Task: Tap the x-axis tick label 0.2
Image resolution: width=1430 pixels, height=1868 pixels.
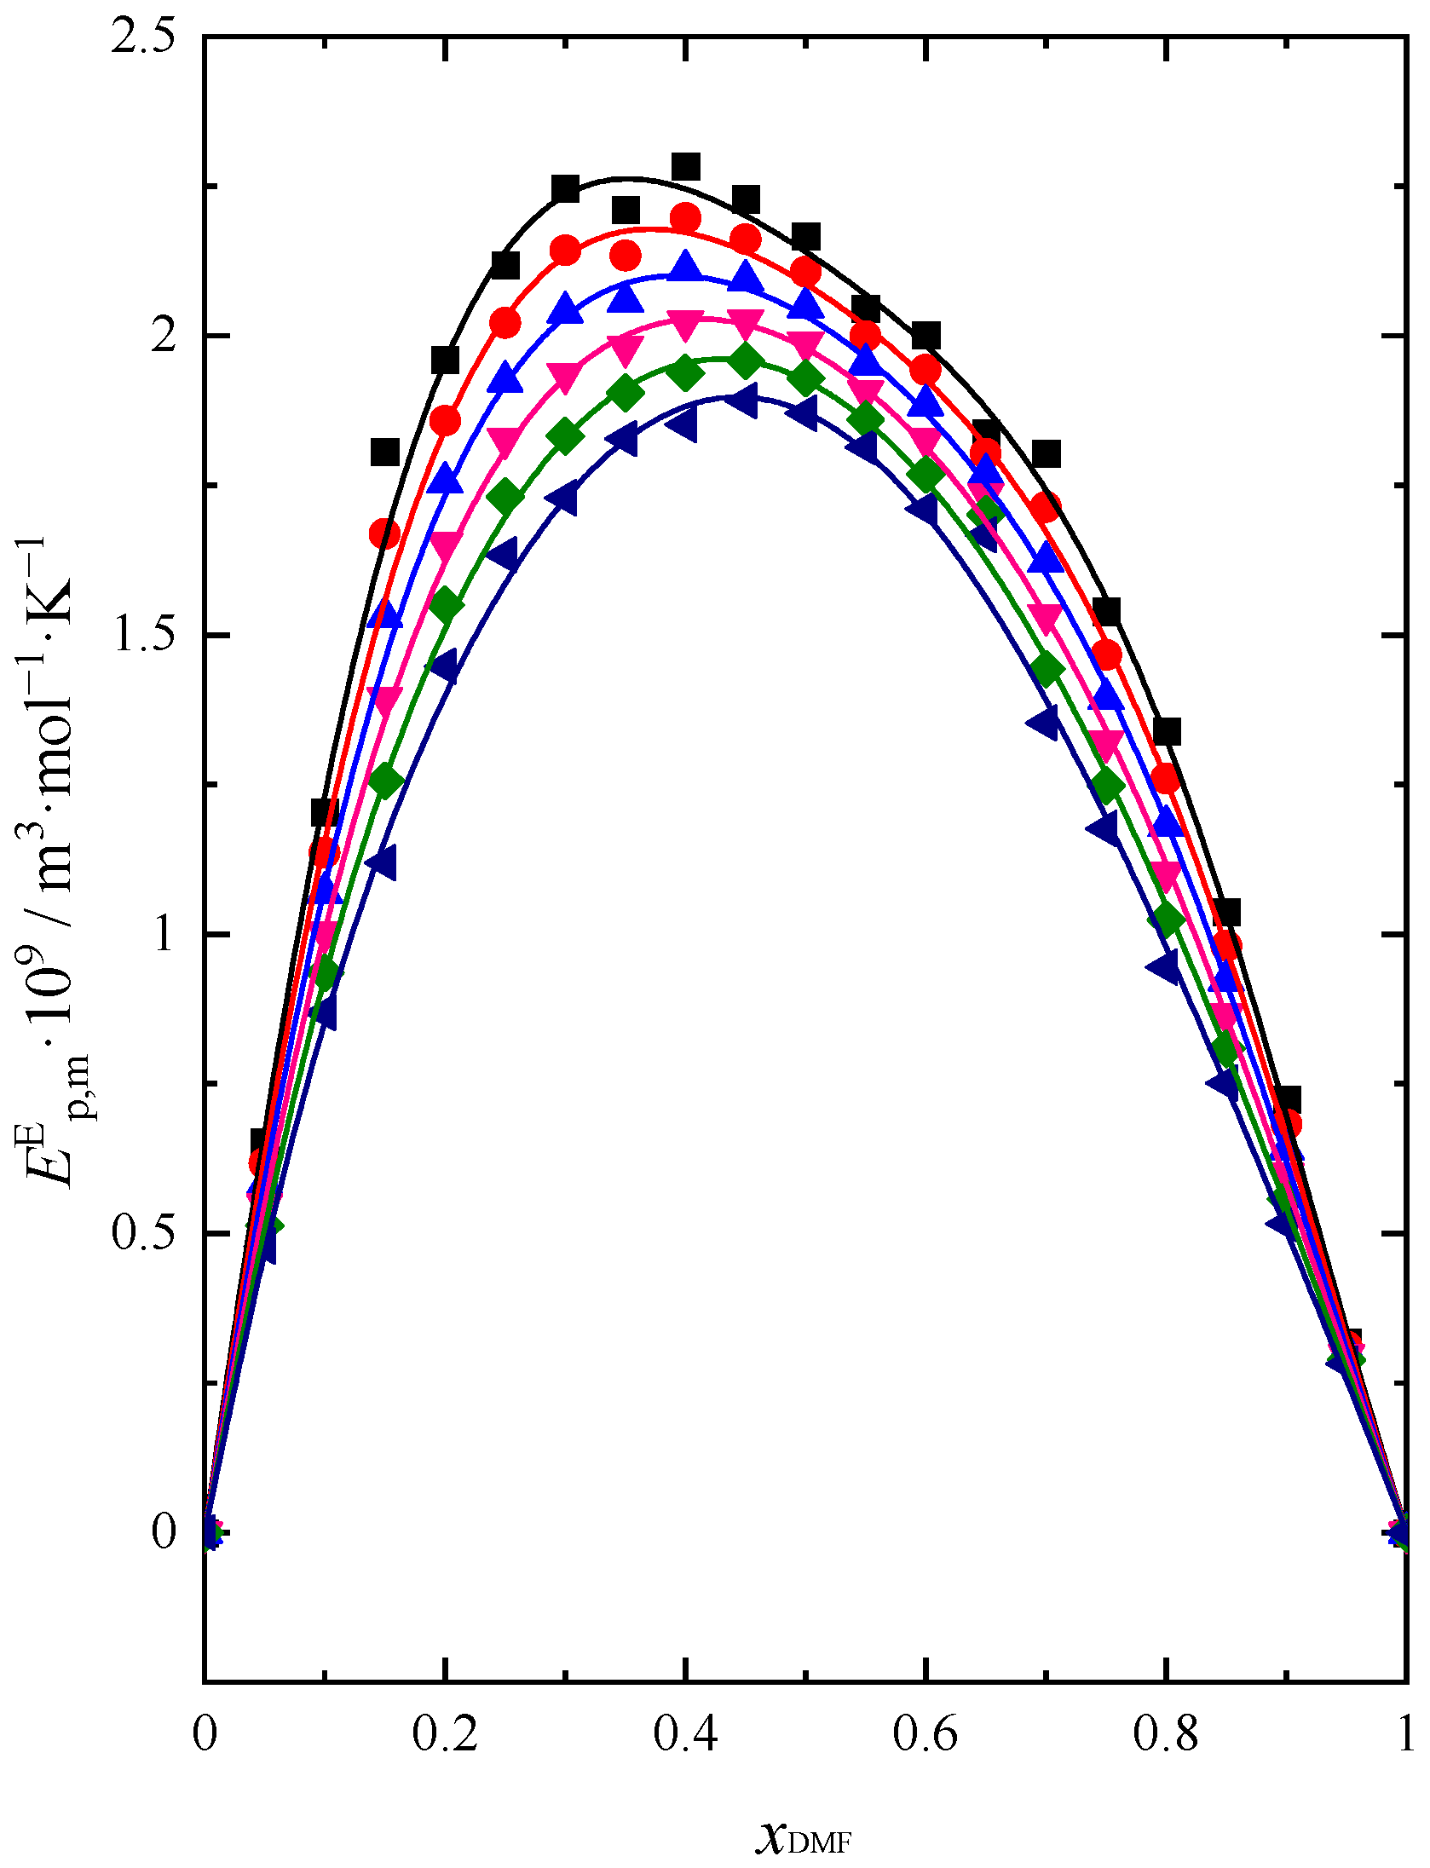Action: coord(445,1734)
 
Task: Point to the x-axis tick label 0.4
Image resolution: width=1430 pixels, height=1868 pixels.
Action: coord(685,1734)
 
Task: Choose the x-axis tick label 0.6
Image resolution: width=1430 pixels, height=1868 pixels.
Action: coord(925,1734)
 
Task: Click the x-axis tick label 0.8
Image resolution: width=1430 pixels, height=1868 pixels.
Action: coord(1166,1734)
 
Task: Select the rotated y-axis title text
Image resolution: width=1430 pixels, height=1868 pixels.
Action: coord(53,861)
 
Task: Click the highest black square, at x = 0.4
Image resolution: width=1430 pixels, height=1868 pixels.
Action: coord(686,167)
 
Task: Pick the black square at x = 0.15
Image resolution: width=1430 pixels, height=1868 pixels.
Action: coord(385,452)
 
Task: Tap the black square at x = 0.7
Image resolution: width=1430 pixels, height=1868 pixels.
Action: coord(1046,453)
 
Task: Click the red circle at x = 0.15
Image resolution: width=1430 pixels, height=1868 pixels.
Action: coord(384,534)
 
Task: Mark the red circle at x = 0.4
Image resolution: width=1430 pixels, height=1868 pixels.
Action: coord(685,219)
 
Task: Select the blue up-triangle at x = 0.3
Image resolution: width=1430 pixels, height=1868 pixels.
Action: coord(565,308)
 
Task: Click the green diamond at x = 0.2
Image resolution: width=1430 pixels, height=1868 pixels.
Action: coord(445,605)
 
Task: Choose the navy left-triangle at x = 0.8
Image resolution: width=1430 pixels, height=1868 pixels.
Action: coord(1163,967)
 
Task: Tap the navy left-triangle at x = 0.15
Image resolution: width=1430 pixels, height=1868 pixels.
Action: coord(381,862)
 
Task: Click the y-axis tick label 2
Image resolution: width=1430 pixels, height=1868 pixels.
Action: coord(162,337)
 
